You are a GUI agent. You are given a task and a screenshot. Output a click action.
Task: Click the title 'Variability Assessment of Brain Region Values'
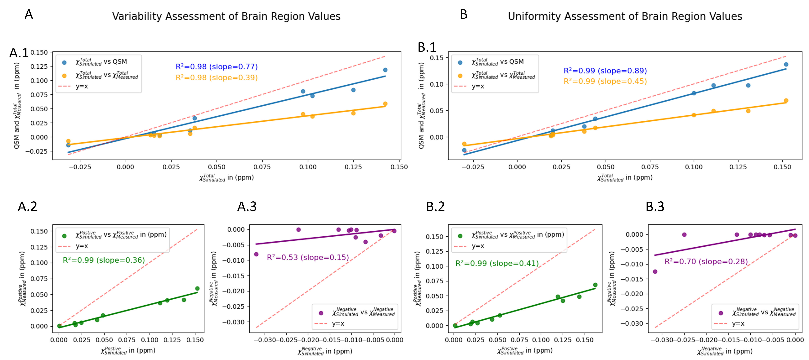point(226,16)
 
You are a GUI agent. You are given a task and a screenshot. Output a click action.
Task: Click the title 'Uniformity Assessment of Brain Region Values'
point(625,16)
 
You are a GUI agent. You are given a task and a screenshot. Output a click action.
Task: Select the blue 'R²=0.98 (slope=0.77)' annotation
point(216,67)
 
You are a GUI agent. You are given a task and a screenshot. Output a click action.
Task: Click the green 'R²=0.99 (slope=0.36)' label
point(104,260)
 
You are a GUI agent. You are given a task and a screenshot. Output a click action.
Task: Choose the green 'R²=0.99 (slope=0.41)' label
point(497,263)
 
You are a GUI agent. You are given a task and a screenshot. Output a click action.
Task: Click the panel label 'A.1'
point(19,53)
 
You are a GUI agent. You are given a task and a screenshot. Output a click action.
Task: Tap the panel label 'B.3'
point(655,206)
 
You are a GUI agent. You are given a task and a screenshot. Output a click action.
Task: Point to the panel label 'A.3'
point(247,206)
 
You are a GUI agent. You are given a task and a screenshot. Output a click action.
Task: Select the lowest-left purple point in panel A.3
point(256,254)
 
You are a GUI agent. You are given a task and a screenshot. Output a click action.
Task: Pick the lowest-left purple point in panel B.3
point(655,271)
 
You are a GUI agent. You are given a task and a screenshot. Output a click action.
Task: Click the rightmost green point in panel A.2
point(197,289)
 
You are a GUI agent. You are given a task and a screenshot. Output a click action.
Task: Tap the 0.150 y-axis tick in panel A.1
point(39,52)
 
